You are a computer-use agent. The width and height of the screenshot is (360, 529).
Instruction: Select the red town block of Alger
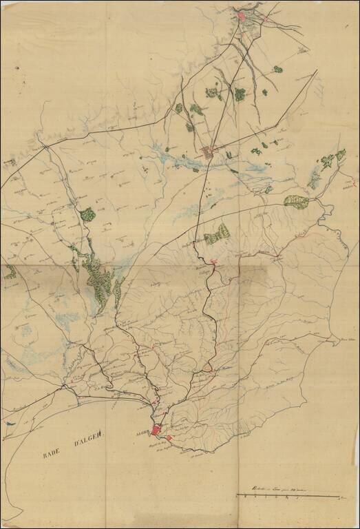click(156, 430)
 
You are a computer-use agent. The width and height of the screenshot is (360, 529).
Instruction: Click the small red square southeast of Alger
click(169, 438)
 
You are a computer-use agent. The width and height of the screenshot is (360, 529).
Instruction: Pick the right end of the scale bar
click(339, 495)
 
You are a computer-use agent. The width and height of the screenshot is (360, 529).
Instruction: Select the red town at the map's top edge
click(242, 15)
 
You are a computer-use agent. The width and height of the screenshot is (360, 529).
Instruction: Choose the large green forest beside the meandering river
click(296, 201)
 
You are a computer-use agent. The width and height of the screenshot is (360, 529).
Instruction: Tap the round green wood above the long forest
click(87, 214)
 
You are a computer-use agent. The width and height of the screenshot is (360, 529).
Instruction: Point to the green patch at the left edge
click(10, 273)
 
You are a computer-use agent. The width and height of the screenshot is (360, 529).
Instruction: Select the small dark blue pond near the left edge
click(10, 424)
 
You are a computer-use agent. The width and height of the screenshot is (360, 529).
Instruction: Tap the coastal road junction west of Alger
click(63, 386)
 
